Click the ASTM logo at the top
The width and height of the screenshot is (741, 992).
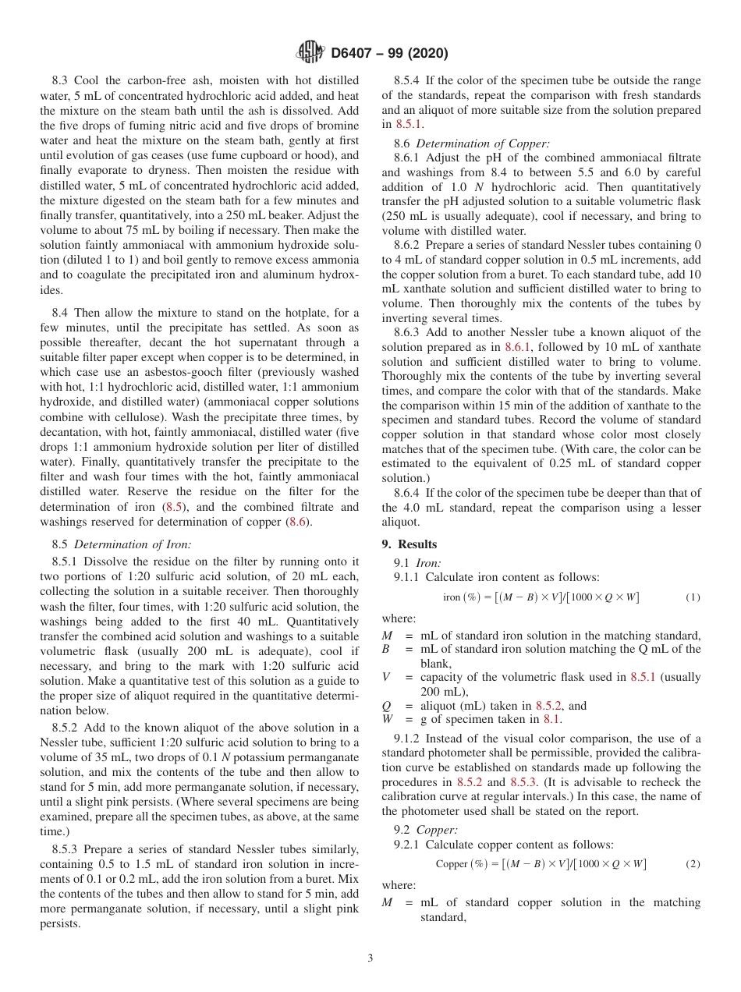pyautogui.click(x=311, y=53)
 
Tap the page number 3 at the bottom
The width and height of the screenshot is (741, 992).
pyautogui.click(x=370, y=958)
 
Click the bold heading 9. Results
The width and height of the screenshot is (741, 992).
pyautogui.click(x=417, y=544)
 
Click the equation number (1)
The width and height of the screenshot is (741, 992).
pyautogui.click(x=693, y=597)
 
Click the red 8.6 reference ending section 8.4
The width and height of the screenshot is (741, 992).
pyautogui.click(x=299, y=522)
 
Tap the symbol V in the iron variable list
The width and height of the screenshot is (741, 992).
pyautogui.click(x=385, y=677)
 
